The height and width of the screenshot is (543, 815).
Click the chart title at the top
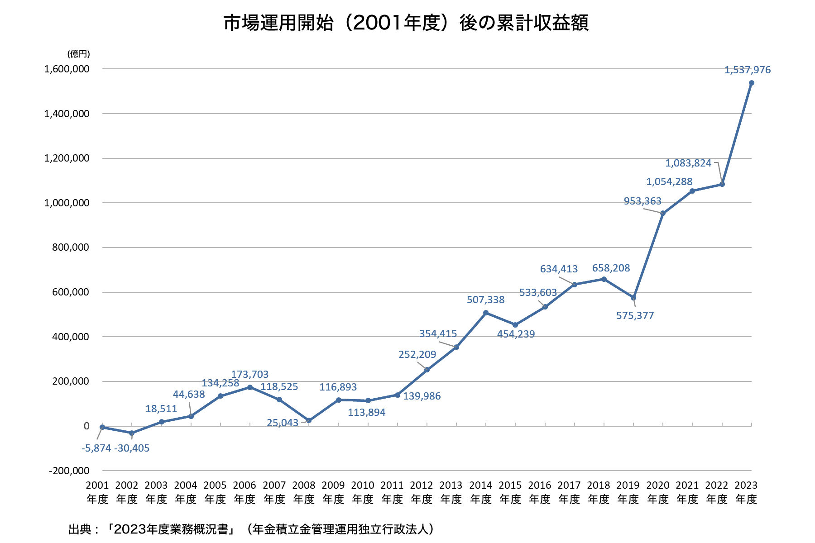(x=406, y=23)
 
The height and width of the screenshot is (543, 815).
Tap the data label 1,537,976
(x=748, y=70)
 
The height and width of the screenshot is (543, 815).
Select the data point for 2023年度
(x=752, y=83)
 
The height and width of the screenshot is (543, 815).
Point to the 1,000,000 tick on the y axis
(x=67, y=203)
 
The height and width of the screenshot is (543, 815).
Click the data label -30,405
(x=132, y=448)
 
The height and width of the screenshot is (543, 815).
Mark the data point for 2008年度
(x=309, y=420)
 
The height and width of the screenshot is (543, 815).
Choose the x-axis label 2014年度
(x=481, y=492)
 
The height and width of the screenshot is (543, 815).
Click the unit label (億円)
(x=79, y=54)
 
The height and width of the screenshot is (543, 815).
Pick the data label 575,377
(x=635, y=316)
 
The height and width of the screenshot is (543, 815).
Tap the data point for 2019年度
(x=633, y=298)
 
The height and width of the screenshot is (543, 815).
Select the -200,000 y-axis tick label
(x=69, y=471)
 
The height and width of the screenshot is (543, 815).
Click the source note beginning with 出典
(x=251, y=529)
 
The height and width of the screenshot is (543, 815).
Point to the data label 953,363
(x=642, y=201)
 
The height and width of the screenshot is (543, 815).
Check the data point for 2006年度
(x=250, y=387)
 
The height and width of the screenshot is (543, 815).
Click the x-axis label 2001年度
(x=97, y=492)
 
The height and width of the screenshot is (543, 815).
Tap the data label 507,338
(x=485, y=300)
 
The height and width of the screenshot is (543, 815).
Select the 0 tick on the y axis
(x=86, y=426)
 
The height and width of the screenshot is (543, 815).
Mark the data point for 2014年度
(x=486, y=313)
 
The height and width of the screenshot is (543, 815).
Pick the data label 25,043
(x=283, y=423)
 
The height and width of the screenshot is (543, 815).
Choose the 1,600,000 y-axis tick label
(x=67, y=69)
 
